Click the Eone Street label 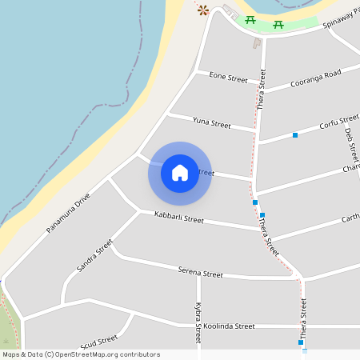228,78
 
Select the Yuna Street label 211,124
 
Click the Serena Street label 200,274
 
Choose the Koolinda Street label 229,326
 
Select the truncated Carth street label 350,218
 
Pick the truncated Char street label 350,169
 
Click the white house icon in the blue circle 180,173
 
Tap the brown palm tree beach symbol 203,10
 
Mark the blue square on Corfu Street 295,134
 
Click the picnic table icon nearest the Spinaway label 278,24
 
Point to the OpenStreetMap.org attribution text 81,354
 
